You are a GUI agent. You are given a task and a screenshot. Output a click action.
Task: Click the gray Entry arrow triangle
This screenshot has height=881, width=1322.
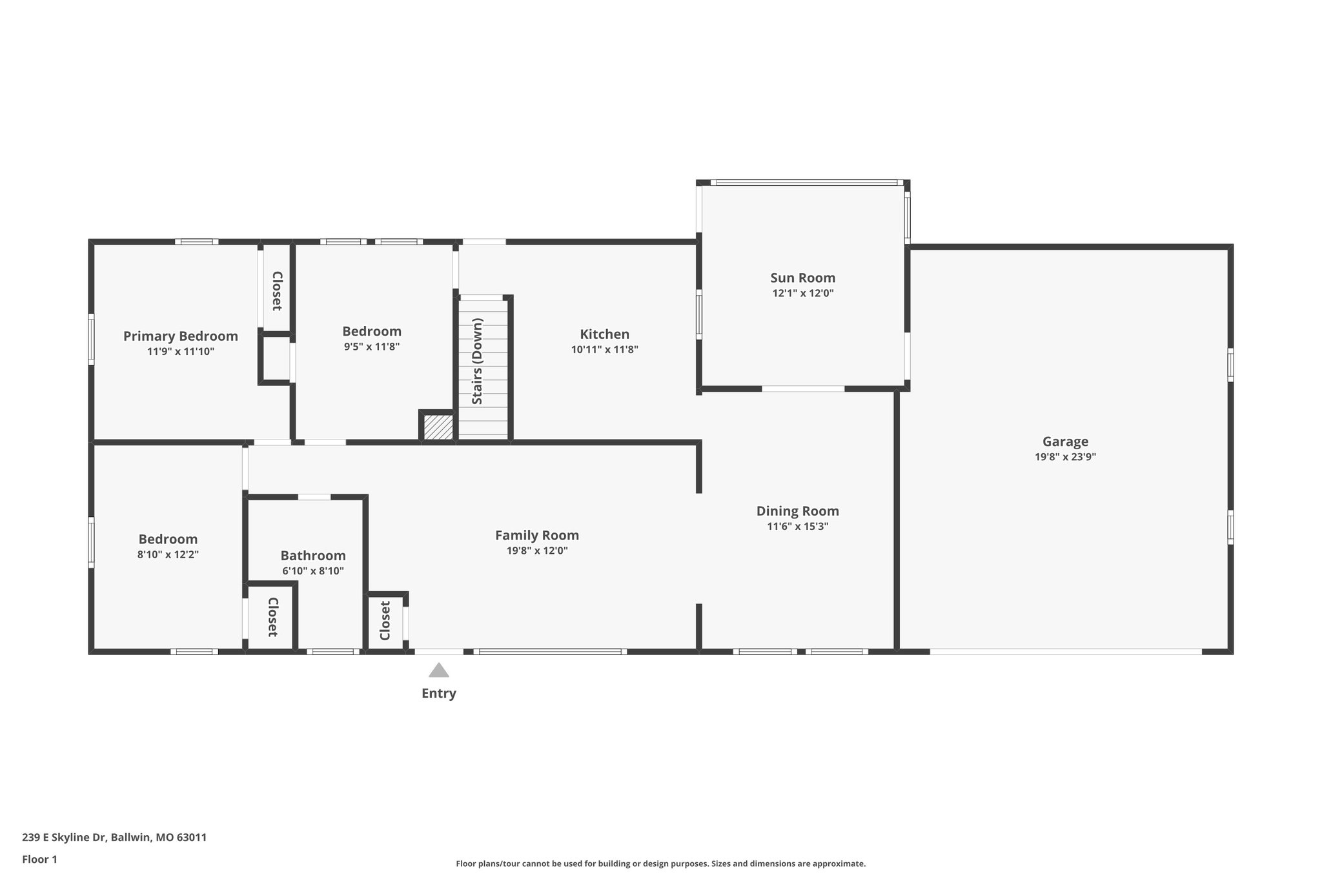click(439, 671)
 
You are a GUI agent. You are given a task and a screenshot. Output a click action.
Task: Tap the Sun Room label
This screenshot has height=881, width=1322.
click(802, 278)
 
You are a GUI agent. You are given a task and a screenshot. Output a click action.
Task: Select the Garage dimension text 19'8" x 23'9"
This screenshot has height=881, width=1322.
click(1065, 457)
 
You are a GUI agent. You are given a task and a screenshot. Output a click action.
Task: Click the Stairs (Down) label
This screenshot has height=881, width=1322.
click(478, 361)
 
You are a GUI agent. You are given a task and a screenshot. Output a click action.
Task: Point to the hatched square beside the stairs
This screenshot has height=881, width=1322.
click(438, 427)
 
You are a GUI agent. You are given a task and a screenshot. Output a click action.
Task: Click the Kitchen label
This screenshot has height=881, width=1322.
click(604, 334)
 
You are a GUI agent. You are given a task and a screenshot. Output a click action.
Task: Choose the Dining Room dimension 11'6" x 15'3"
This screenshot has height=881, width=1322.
click(797, 527)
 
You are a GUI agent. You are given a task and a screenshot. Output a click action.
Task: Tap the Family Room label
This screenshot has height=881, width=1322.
click(536, 536)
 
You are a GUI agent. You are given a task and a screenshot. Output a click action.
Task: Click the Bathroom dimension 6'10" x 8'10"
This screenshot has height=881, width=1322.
click(313, 571)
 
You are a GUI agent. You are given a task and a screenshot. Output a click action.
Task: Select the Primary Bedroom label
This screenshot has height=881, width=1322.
click(180, 336)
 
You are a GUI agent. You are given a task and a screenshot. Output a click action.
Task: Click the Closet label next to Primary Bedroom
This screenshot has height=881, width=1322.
click(277, 290)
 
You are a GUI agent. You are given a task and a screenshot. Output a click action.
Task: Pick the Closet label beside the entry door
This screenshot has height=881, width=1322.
click(385, 621)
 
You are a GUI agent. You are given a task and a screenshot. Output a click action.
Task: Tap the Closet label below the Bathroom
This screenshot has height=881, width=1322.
click(272, 617)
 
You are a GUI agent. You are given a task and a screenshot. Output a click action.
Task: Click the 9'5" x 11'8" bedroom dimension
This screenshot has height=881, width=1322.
click(371, 347)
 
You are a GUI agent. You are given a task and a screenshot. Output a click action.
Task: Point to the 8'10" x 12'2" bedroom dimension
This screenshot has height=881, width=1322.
click(168, 554)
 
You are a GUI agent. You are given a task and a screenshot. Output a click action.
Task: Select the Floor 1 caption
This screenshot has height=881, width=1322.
click(39, 860)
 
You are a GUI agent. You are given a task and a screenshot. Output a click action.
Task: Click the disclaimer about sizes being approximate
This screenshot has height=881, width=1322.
click(660, 864)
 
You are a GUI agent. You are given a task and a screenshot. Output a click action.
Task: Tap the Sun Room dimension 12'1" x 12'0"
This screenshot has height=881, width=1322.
click(802, 293)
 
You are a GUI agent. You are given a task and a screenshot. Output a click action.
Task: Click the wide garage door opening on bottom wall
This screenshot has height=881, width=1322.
click(1065, 652)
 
